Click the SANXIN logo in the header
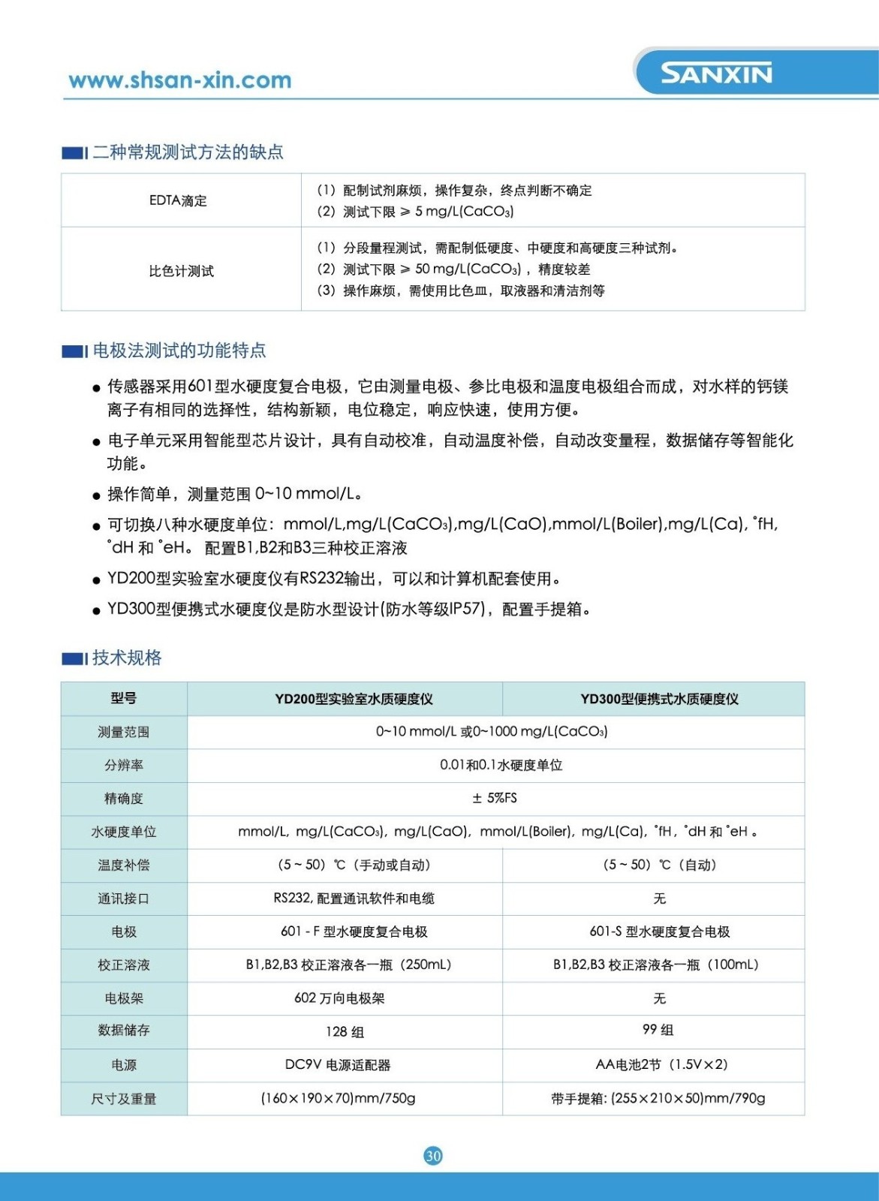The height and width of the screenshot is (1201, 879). click(716, 74)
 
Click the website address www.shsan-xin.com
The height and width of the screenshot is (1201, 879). click(179, 80)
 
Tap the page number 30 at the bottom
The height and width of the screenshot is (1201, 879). click(433, 1155)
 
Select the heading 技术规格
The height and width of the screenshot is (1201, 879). click(127, 658)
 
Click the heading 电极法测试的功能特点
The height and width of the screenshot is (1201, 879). click(179, 351)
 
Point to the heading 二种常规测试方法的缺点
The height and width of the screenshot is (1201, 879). click(188, 152)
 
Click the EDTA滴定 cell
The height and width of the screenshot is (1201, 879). click(178, 200)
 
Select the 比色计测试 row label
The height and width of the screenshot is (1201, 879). click(181, 271)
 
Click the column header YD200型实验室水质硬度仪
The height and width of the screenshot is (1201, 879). click(354, 699)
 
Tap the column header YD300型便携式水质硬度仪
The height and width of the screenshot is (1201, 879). click(659, 699)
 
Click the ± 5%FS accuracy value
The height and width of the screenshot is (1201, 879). click(495, 798)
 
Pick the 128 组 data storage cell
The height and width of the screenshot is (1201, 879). click(345, 1032)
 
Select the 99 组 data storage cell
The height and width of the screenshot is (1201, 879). click(658, 1030)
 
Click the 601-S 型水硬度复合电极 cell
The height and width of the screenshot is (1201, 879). click(659, 932)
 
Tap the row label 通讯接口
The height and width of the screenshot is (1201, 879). click(124, 898)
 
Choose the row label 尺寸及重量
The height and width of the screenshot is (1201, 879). click(124, 1099)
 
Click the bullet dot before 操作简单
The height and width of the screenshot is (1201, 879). click(96, 495)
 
